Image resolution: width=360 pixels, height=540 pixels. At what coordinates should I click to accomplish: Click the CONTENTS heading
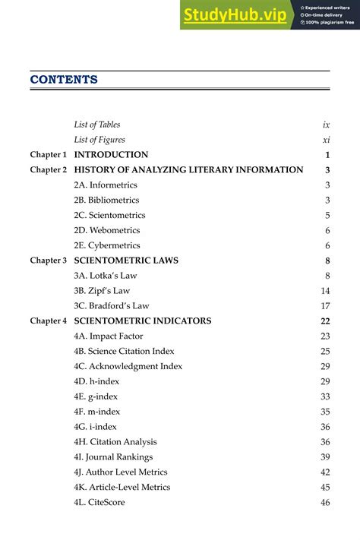pyautogui.click(x=64, y=80)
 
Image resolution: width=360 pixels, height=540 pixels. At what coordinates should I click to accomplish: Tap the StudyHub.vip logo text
pyautogui.click(x=234, y=14)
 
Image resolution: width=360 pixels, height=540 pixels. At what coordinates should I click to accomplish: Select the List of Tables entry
pyautogui.click(x=97, y=125)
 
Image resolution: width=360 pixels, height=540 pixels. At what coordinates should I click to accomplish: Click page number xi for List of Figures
pyautogui.click(x=326, y=140)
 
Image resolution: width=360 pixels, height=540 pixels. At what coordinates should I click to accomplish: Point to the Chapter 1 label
pyautogui.click(x=49, y=155)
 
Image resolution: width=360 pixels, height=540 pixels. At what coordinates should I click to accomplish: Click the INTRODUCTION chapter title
pyautogui.click(x=111, y=155)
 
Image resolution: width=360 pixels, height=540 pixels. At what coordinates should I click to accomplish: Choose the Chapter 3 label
pyautogui.click(x=49, y=261)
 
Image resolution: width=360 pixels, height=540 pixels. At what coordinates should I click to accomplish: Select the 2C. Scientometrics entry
pyautogui.click(x=109, y=215)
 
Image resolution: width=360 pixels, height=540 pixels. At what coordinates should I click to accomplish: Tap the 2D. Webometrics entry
pyautogui.click(x=106, y=230)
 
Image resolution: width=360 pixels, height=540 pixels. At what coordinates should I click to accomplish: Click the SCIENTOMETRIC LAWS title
pyautogui.click(x=126, y=261)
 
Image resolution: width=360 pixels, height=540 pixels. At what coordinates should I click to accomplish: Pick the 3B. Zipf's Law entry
pyautogui.click(x=102, y=291)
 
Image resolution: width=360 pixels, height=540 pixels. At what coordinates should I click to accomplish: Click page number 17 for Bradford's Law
pyautogui.click(x=325, y=306)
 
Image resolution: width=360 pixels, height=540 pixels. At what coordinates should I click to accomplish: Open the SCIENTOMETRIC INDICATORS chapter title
pyautogui.click(x=143, y=321)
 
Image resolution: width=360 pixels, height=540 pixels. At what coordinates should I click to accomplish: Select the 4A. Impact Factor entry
pyautogui.click(x=106, y=336)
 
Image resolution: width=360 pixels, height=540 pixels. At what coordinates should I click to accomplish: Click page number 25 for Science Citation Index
pyautogui.click(x=325, y=351)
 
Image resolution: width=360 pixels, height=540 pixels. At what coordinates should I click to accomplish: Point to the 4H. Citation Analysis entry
pyautogui.click(x=115, y=442)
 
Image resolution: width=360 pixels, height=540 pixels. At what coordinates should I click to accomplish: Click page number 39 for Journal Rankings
pyautogui.click(x=325, y=457)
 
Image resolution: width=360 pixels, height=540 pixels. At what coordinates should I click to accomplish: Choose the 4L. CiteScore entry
pyautogui.click(x=99, y=502)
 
